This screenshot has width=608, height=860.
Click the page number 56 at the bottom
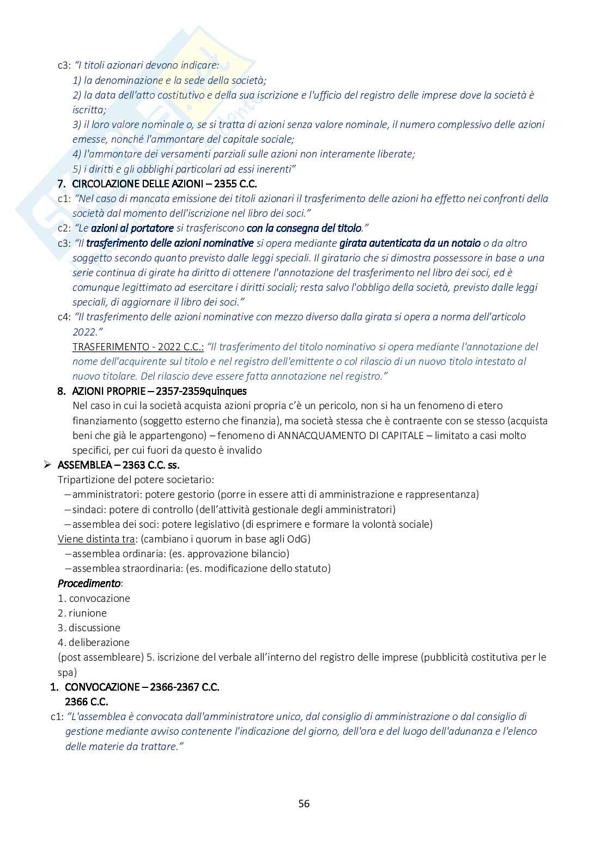(x=304, y=803)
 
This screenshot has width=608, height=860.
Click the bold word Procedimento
(x=89, y=583)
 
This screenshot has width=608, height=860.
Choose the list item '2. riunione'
(x=82, y=613)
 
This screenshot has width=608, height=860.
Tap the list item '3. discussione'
(x=89, y=627)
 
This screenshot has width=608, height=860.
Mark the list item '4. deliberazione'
(x=94, y=642)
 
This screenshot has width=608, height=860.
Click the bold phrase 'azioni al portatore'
(x=132, y=228)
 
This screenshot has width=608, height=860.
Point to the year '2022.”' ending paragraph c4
(x=87, y=331)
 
